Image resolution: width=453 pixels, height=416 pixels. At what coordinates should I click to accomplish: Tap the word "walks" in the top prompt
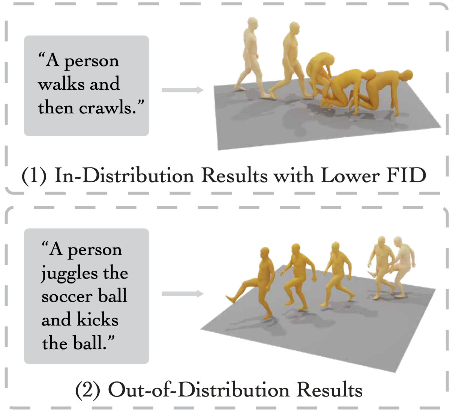[63, 84]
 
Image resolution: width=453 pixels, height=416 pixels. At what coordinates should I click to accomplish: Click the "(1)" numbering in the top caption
[34, 176]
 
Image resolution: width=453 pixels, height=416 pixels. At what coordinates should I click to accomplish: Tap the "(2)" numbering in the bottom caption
[87, 390]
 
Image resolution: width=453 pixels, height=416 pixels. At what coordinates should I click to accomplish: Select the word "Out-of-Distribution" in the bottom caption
[199, 390]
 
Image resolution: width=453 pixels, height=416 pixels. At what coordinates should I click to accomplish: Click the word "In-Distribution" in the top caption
[124, 176]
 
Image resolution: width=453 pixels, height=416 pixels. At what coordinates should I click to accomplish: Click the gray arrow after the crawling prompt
[183, 90]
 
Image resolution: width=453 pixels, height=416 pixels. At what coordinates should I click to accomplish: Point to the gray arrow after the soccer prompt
[183, 294]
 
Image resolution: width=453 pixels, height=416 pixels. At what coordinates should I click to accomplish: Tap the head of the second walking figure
[295, 29]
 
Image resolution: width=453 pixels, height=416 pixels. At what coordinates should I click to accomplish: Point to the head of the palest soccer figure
[399, 243]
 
